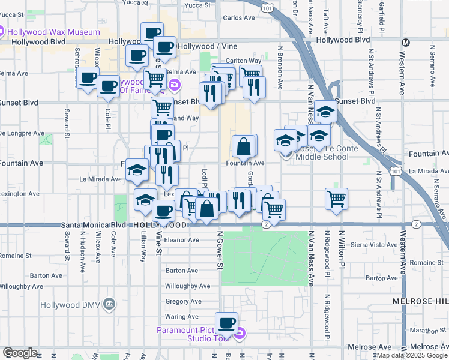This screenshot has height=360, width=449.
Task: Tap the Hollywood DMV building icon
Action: pos(109,304)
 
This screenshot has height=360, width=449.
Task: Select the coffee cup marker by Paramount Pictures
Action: pos(227,323)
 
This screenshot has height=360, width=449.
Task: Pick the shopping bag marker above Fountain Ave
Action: pos(244,146)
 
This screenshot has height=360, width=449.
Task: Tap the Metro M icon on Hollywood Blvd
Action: pos(406,43)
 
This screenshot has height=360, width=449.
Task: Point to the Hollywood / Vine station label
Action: pos(208,46)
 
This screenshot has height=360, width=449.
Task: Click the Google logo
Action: pos(20,353)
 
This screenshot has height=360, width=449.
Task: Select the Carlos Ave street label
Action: pos(239,18)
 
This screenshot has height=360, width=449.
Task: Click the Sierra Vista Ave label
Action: pos(373,245)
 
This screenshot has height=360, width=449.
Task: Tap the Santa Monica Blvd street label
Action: pos(92,224)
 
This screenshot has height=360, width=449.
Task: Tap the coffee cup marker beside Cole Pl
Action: pos(108,86)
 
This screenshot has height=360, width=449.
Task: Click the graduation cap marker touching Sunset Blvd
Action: pos(325,112)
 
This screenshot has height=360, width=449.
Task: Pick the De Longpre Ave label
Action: pos(20,133)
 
